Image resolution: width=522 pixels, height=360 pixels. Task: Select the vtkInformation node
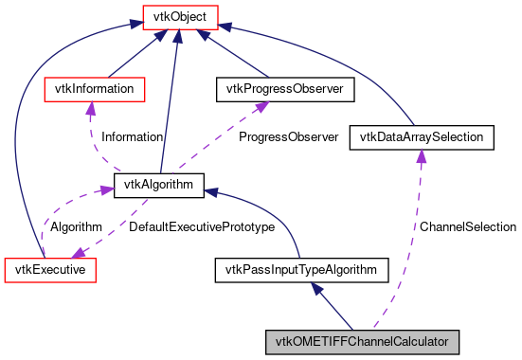tap(96, 89)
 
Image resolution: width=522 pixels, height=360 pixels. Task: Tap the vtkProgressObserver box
tap(285, 89)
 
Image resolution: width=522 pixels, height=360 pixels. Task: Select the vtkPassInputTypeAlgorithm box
tap(301, 270)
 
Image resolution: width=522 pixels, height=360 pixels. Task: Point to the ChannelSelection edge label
tap(468, 227)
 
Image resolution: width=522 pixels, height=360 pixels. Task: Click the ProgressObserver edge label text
tap(288, 137)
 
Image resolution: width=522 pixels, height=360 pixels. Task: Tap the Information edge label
tap(132, 137)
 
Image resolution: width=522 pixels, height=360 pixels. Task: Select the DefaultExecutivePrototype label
tap(202, 227)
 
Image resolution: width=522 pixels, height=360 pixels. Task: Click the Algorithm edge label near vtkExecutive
tap(76, 227)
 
